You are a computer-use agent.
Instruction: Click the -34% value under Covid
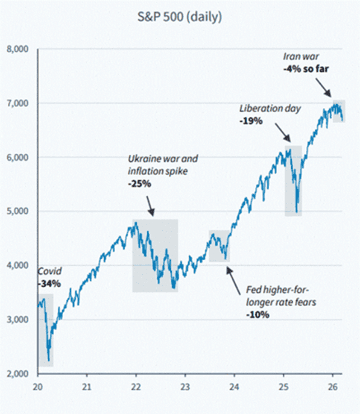coord(48,283)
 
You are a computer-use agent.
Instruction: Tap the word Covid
coord(50,271)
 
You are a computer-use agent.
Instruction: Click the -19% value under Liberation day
coord(251,121)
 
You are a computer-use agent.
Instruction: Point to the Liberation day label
coord(270,109)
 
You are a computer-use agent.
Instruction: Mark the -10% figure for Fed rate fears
coord(258,315)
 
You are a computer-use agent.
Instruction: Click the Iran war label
coord(301,56)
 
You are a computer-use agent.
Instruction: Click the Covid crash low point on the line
coord(49,360)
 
